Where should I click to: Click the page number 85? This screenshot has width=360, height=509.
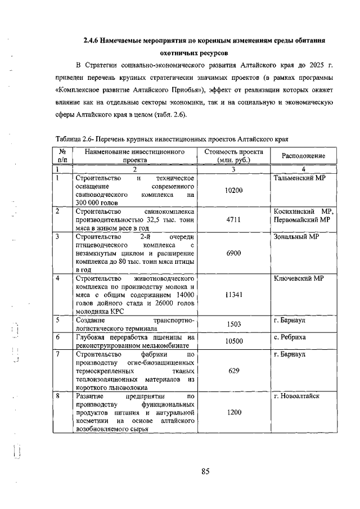coord(205,471)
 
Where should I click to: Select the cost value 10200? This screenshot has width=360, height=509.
coord(233,191)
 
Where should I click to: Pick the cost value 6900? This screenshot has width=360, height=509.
coord(233,253)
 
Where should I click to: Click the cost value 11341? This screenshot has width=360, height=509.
coord(233,295)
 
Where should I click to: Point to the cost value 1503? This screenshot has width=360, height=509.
coord(233,325)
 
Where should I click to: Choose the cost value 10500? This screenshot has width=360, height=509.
coord(233,341)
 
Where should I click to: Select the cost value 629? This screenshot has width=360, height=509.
coord(233,371)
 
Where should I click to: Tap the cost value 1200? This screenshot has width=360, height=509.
coord(233,412)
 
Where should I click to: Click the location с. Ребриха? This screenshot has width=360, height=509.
coord(290,337)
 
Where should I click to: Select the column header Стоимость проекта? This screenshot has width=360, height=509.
coord(233,152)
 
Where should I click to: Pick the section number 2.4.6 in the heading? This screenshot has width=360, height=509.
coord(93,41)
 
